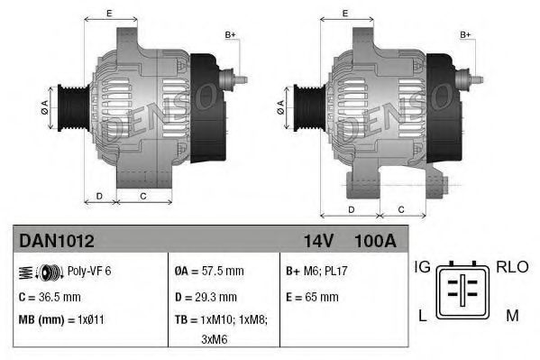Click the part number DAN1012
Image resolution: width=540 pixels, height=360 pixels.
pos(57,242)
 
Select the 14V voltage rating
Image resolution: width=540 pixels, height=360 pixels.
pos(315,242)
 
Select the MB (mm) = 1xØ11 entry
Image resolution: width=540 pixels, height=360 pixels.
pos(60,319)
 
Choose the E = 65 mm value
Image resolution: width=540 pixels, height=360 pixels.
pos(312,296)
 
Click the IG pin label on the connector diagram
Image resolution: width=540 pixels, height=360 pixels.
pos(421,267)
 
